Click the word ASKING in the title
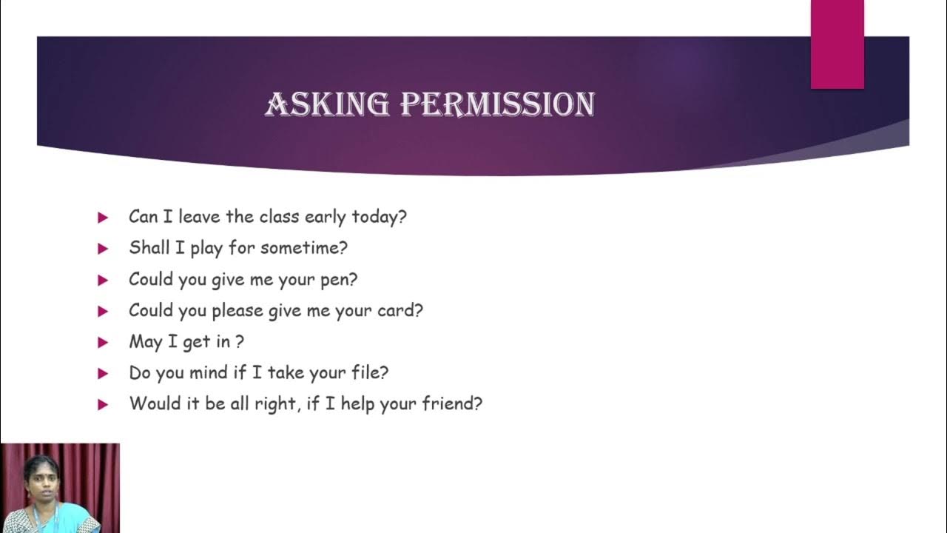point(326,104)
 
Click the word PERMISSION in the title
point(497,104)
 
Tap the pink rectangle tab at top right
point(837,44)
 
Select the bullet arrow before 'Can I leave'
point(103,218)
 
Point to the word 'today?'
point(379,217)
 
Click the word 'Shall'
point(149,248)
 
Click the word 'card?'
point(399,311)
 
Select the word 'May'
point(145,342)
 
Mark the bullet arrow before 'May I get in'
point(103,343)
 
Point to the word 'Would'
point(153,404)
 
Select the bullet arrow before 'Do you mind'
point(103,374)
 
